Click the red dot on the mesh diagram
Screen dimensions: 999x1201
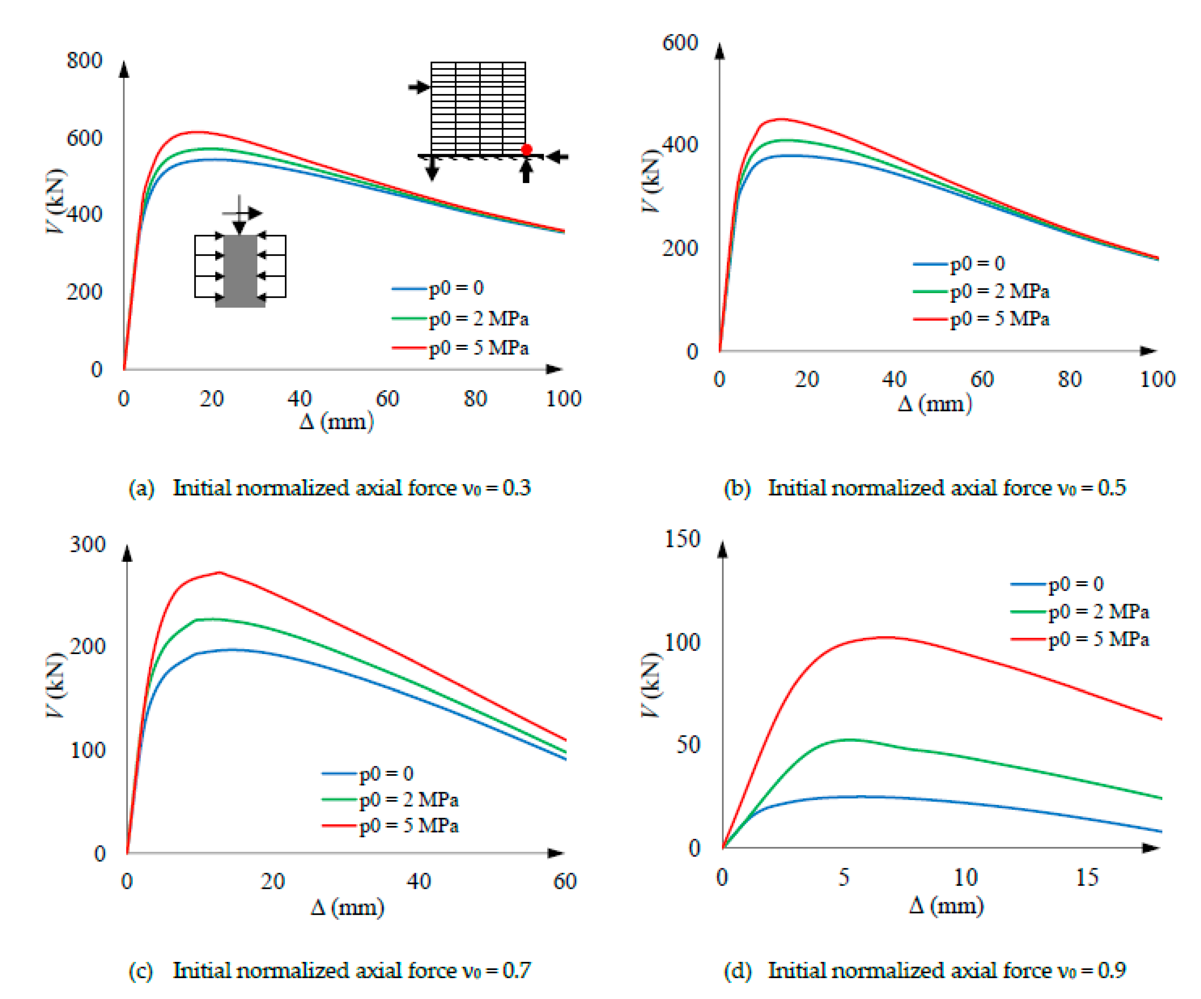pyautogui.click(x=526, y=149)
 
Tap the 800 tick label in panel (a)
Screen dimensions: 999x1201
pyautogui.click(x=84, y=60)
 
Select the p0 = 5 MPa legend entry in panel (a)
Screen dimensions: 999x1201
pyautogui.click(x=478, y=348)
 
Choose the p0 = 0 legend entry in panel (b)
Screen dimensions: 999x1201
pyautogui.click(x=977, y=263)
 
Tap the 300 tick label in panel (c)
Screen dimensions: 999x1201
pyautogui.click(x=87, y=544)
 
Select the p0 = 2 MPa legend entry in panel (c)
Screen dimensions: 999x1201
pyautogui.click(x=408, y=799)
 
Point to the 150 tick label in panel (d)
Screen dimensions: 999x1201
pyautogui.click(x=682, y=539)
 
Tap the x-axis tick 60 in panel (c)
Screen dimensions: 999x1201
pyautogui.click(x=564, y=881)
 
